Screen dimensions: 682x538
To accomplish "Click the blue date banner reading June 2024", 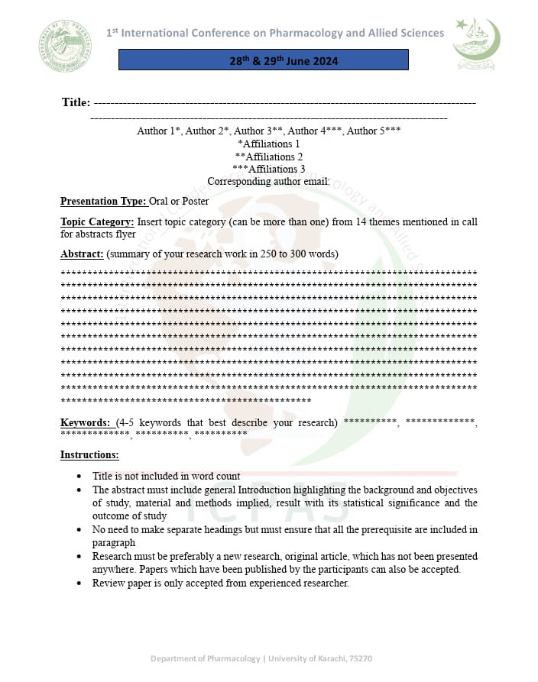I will coord(263,60).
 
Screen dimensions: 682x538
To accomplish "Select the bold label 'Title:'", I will coord(76,102).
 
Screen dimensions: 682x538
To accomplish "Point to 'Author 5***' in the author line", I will coord(374,131).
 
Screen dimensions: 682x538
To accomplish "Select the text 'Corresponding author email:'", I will coord(269,182).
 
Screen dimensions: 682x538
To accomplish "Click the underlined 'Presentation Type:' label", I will coord(103,202).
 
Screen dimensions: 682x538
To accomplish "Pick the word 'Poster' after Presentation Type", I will coord(195,202).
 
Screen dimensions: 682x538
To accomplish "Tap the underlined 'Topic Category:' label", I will coord(97,222).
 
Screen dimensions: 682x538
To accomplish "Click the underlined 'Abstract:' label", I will coord(82,254).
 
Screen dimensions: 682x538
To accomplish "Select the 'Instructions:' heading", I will coord(89,455).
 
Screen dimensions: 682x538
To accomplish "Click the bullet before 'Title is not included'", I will coord(80,477).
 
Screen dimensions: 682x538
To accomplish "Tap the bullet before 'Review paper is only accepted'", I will coord(80,583).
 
